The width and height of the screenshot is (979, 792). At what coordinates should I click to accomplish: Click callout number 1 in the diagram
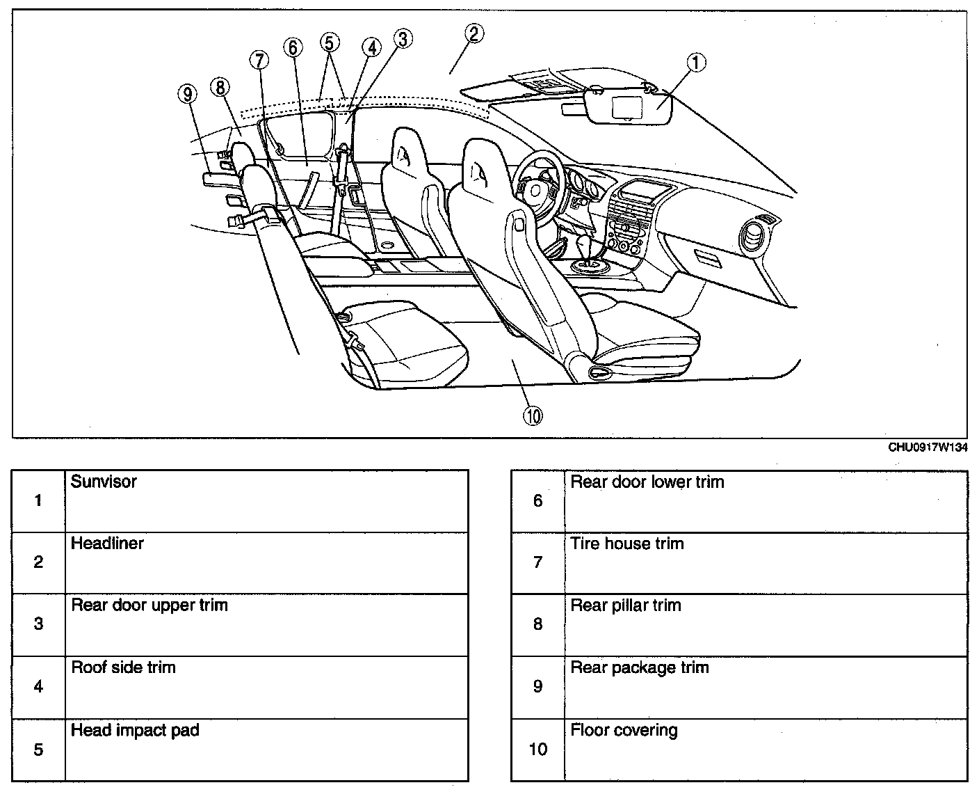(696, 63)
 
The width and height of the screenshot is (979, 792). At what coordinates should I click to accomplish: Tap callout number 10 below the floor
(533, 416)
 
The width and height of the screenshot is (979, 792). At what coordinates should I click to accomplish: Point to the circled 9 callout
(187, 93)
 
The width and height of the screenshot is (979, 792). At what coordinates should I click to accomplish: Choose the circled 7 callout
(259, 61)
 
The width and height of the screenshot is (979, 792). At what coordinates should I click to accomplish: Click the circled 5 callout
(330, 42)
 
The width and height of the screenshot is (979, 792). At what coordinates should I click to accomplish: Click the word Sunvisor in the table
(104, 482)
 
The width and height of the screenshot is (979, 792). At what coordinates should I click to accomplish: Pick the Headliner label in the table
(107, 544)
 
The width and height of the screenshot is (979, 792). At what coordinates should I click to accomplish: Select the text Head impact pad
(135, 731)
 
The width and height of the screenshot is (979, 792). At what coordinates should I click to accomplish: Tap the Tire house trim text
(626, 544)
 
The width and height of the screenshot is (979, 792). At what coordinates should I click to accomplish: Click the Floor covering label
(624, 731)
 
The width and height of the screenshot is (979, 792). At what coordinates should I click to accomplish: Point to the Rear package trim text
(639, 668)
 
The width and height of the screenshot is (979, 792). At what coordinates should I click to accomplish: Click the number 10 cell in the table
(537, 750)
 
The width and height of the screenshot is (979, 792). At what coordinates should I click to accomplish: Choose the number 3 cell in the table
(38, 624)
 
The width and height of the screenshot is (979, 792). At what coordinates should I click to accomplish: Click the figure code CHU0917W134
(928, 448)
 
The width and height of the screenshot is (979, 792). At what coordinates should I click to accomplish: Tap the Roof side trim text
(123, 668)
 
